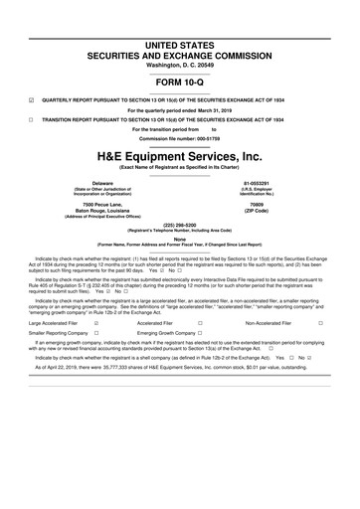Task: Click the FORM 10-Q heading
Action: [x=180, y=82]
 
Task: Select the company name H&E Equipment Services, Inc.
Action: [x=180, y=157]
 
